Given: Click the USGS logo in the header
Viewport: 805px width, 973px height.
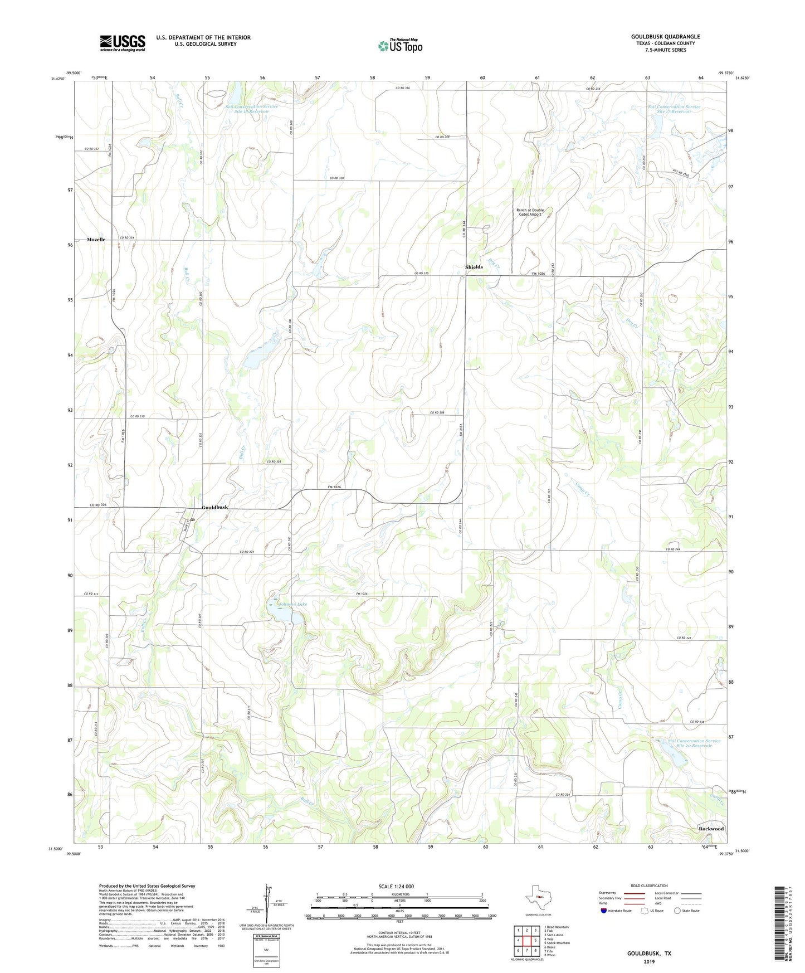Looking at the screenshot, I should coord(122,43).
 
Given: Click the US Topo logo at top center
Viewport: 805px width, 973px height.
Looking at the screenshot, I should coord(399,46).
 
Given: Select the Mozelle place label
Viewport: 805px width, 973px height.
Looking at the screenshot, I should coord(96,240).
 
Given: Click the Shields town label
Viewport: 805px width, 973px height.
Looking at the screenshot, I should coord(474,267).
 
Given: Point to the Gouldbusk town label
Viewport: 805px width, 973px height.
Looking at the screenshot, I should coord(214,507).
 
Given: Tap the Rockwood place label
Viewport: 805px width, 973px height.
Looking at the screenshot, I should coord(711,829).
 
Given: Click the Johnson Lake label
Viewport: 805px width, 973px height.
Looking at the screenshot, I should coord(293,604).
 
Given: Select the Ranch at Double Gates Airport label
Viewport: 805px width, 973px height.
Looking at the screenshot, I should coord(530,212).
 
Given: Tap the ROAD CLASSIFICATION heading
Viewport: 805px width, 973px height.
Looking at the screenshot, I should coord(649,886).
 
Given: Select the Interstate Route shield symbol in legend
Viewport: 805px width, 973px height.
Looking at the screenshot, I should coord(604,911).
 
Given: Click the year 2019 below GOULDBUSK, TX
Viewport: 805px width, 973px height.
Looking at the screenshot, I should coord(649,961).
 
